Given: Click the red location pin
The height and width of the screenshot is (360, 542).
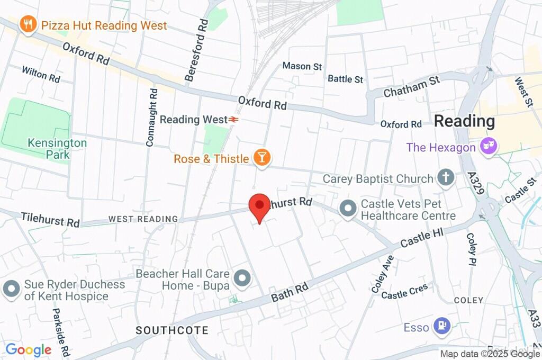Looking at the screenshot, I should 259,206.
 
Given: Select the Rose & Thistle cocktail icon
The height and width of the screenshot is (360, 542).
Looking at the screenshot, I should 262,157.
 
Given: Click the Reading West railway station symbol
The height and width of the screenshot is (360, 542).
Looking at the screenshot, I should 232,120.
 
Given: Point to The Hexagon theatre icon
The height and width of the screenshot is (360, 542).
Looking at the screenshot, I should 487,146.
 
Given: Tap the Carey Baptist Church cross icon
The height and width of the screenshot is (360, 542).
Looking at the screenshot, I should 446,178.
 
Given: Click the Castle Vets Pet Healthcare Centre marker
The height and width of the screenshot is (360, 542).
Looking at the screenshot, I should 348,209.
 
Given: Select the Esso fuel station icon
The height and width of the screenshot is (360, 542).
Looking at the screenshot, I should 442,327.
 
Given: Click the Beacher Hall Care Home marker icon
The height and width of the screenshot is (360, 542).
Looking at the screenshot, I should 242,277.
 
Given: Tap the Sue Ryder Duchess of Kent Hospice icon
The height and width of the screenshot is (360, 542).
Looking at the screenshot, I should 11,289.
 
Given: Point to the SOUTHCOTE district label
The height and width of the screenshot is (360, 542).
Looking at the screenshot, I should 172,330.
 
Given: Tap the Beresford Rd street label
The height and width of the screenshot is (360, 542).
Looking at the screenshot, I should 196,51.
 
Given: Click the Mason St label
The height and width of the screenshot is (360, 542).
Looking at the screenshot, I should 302,66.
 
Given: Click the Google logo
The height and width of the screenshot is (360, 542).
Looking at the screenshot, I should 29,349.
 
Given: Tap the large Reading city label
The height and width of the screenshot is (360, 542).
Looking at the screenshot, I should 464,121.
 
